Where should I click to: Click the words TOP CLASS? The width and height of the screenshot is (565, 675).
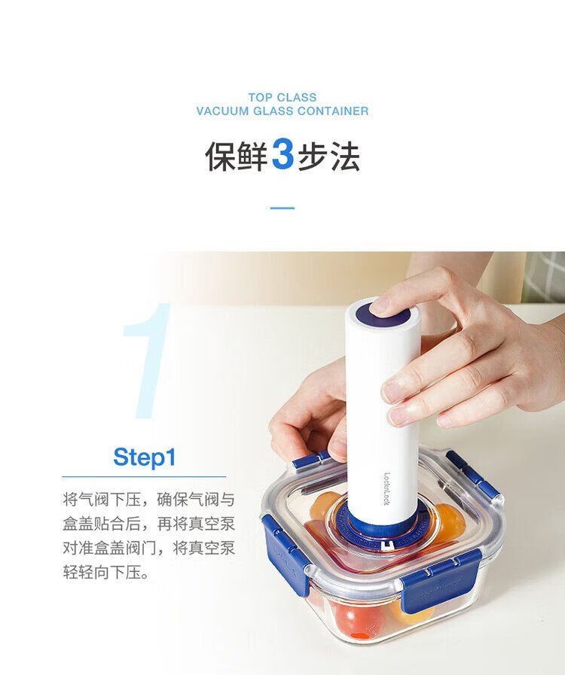[x=282, y=97]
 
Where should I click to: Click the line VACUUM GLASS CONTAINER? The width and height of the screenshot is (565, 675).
[x=282, y=111]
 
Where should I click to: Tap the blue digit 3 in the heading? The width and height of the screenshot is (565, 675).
[x=282, y=155]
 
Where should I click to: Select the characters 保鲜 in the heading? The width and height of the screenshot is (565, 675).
[x=237, y=156]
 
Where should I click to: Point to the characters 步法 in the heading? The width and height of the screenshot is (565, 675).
[x=328, y=156]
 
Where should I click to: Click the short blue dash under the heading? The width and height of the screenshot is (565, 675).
[x=282, y=208]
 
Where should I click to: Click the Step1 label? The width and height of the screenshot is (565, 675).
[x=145, y=457]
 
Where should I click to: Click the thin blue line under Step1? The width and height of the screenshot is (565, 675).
[x=144, y=476]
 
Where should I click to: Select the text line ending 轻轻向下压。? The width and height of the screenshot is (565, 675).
[x=106, y=573]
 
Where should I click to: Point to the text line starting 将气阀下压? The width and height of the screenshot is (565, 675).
[x=148, y=500]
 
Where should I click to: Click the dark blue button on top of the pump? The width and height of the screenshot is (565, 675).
[x=383, y=315]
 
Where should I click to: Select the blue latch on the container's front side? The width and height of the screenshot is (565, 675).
[x=441, y=581]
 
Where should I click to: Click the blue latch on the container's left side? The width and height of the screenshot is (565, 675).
[x=285, y=552]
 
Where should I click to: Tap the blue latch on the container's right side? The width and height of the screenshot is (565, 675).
[x=472, y=474]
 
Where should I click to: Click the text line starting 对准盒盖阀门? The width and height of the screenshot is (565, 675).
[x=148, y=549]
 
